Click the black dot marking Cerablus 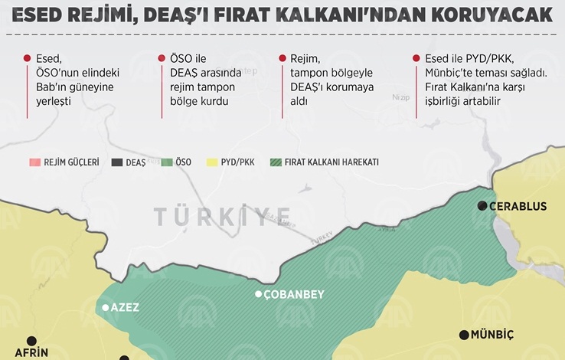click(x=483, y=206)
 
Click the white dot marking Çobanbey click(x=259, y=294)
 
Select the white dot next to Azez click(x=106, y=307)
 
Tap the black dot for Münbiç click(x=464, y=335)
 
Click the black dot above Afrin click(x=31, y=341)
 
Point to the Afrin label click(x=32, y=353)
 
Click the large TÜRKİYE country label click(x=222, y=216)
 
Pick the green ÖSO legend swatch click(x=167, y=162)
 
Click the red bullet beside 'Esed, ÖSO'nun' click(x=28, y=58)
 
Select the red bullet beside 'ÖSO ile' click(x=162, y=58)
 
